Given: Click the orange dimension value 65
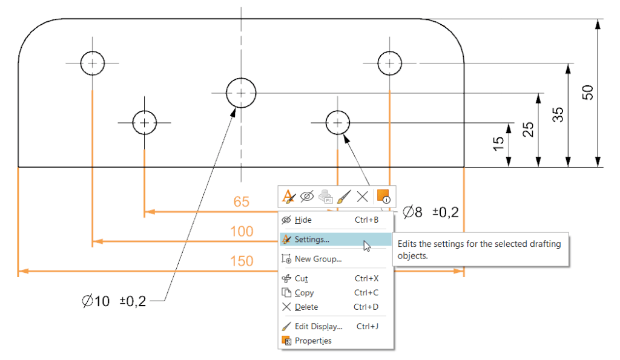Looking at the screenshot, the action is point(241,202).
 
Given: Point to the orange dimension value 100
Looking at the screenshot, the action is point(242,231).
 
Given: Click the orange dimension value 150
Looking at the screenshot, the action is point(242,261).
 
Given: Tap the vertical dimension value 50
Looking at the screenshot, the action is point(587,93).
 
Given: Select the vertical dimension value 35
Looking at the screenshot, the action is point(558,114).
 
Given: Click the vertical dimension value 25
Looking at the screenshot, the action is point(528,129).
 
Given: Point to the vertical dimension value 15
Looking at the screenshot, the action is point(498,144).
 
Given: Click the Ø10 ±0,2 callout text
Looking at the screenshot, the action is point(114,301).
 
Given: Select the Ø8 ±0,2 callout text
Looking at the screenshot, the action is point(430,212).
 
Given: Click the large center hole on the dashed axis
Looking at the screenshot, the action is point(241,78).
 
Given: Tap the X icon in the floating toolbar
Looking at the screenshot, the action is point(362,197).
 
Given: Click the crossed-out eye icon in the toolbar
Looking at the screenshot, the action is point(307,197).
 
